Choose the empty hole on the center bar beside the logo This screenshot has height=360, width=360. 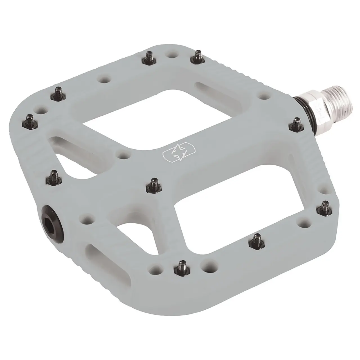(x=122, y=155)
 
